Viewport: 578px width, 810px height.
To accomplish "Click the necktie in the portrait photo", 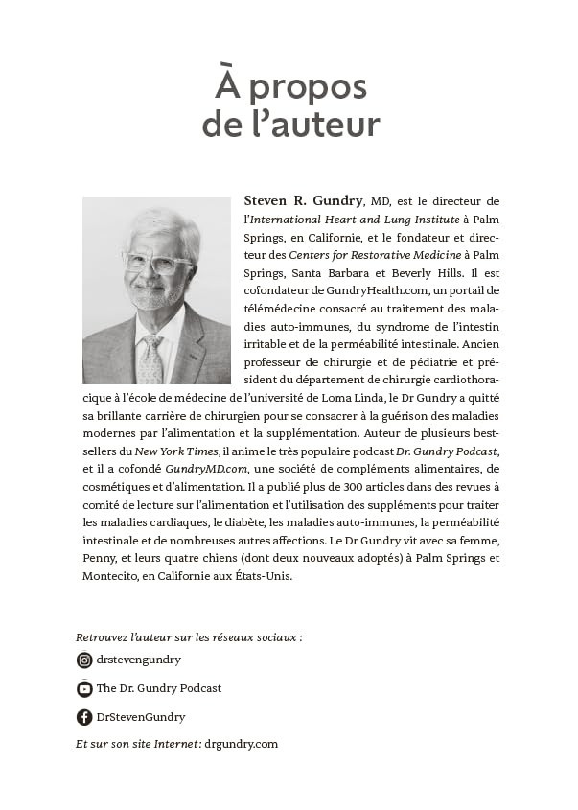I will (150, 359).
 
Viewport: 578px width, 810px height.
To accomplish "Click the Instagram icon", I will (84, 660).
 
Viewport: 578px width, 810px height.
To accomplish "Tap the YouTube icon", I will (84, 688).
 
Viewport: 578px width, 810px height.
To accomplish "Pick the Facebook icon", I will (84, 717).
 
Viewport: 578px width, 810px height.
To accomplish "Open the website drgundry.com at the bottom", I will (243, 744).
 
